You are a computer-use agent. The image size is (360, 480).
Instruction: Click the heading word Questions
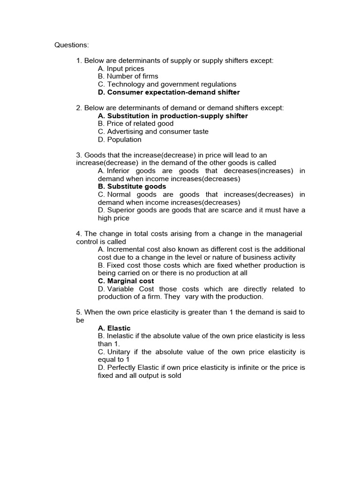pyautogui.click(x=71, y=45)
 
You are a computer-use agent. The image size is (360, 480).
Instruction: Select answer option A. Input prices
pyautogui.click(x=121, y=68)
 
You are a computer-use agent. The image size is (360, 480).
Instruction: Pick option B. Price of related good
pyautogui.click(x=135, y=124)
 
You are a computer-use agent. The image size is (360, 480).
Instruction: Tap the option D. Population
pyautogui.click(x=120, y=140)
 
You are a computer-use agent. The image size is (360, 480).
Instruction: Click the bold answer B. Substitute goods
pyautogui.click(x=132, y=187)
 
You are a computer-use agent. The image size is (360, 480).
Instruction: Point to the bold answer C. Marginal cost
pyautogui.click(x=126, y=281)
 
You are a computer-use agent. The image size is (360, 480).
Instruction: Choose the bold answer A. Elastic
pyautogui.click(x=114, y=328)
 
